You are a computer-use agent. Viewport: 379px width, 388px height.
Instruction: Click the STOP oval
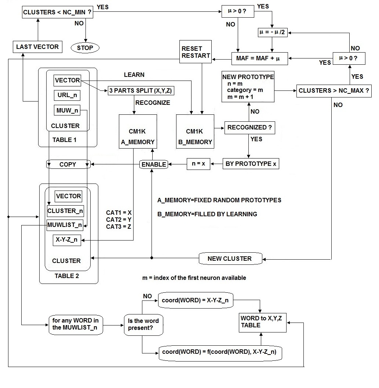click(85, 47)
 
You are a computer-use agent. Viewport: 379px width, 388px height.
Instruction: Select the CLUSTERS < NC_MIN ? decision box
click(57, 12)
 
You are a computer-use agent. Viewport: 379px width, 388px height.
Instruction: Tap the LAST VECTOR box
click(37, 47)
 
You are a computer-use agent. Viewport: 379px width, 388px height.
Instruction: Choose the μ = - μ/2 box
click(272, 32)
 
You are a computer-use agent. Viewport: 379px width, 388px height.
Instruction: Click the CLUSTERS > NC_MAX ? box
click(334, 90)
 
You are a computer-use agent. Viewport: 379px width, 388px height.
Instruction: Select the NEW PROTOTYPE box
click(248, 87)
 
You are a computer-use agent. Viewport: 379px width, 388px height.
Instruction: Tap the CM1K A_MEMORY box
click(138, 132)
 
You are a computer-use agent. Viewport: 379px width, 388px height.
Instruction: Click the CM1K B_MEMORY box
click(195, 132)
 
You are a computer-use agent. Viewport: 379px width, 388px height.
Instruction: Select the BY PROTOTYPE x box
click(251, 164)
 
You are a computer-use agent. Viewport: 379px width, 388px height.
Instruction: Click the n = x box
click(198, 164)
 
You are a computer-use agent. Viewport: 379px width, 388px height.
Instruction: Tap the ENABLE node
click(154, 164)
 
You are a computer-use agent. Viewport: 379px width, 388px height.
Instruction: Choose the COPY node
click(68, 164)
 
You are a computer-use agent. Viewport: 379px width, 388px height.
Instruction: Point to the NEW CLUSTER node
click(230, 259)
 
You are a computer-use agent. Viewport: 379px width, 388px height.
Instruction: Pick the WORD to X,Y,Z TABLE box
click(262, 322)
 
